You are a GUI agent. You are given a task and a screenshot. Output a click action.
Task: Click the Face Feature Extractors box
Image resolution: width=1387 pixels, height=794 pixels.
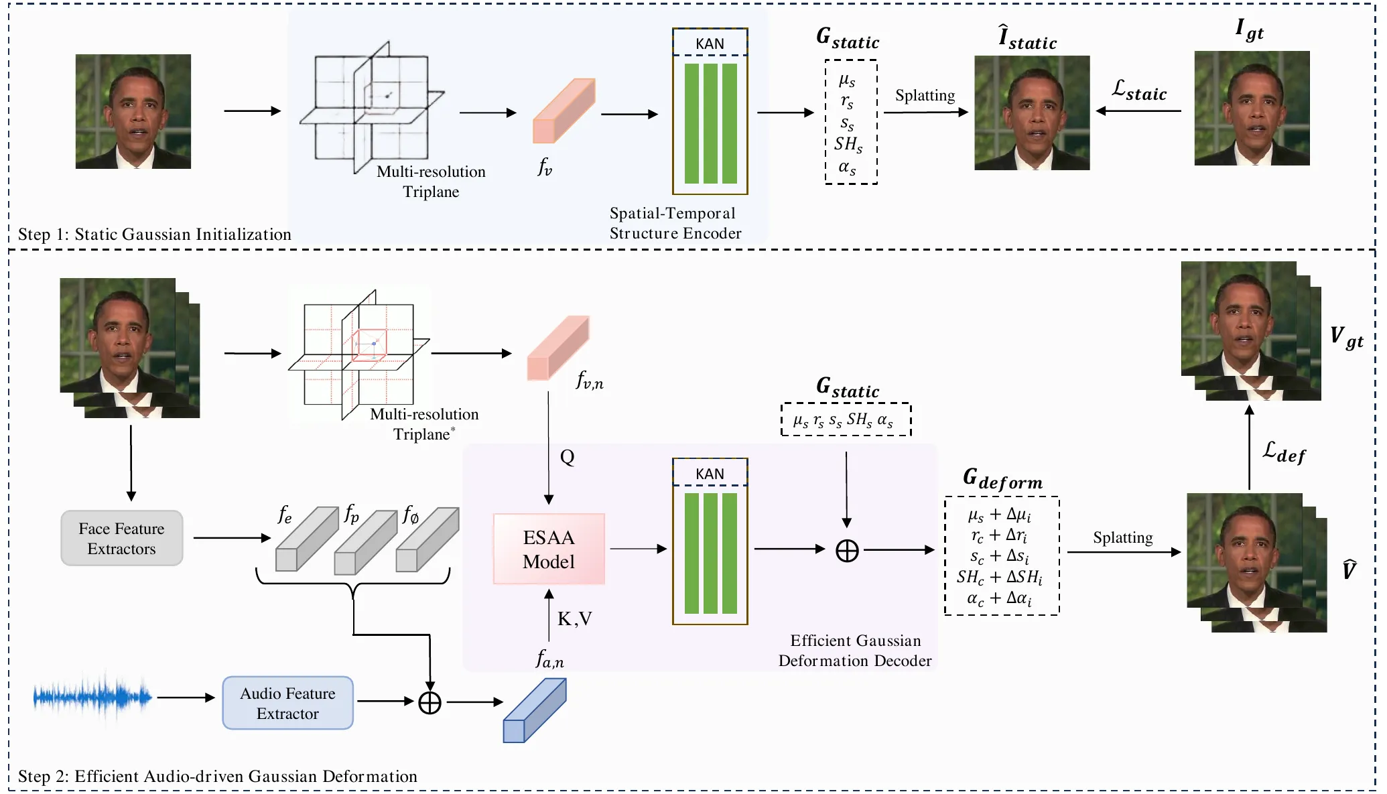coord(121,538)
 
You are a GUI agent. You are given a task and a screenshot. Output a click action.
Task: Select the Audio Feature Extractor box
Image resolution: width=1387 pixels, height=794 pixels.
coord(287,703)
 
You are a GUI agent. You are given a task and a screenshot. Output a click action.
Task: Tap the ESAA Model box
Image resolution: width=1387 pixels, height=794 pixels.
coord(549,549)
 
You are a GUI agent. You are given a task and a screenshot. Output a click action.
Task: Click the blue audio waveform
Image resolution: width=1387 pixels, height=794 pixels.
coord(92,698)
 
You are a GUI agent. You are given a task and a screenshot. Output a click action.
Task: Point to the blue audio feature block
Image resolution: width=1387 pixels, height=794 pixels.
coord(535,710)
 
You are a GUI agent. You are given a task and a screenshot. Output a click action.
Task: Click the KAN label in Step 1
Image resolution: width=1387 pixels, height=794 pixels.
coord(710,44)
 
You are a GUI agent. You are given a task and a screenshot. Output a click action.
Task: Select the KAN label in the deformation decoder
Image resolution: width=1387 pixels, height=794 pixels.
coord(710,474)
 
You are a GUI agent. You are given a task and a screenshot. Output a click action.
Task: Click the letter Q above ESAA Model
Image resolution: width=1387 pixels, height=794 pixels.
coord(567,458)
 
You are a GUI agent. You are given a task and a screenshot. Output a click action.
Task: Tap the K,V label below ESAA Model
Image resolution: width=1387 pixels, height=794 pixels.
coord(575,618)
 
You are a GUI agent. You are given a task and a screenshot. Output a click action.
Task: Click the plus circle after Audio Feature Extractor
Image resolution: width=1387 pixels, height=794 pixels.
coord(430,702)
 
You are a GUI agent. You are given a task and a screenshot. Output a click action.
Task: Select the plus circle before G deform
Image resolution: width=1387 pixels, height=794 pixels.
coord(847,550)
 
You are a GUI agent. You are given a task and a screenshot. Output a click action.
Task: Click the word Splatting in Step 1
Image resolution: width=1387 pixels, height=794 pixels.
coord(925,95)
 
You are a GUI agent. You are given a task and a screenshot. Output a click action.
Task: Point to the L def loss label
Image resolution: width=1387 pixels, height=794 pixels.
coord(1284,452)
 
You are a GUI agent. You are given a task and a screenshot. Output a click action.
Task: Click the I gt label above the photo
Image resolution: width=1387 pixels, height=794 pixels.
coord(1249,29)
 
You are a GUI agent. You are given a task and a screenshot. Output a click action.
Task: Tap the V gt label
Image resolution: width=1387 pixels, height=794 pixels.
coord(1346,337)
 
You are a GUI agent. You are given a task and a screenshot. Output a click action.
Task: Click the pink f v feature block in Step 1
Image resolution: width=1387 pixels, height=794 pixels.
coord(564,111)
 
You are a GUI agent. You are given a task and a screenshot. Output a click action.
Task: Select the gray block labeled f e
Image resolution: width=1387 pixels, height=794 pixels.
coord(307,539)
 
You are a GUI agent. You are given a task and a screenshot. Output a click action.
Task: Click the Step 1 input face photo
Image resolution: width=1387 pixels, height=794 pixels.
coord(133,111)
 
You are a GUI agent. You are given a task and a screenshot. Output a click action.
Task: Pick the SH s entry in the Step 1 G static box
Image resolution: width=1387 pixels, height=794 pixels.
coord(848,144)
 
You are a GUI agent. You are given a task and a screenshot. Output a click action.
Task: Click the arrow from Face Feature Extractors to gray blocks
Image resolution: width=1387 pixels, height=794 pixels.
coord(232,537)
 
